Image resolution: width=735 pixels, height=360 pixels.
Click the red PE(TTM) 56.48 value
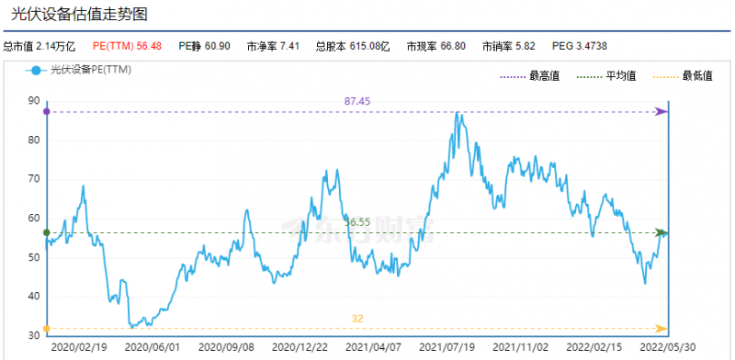click(127, 45)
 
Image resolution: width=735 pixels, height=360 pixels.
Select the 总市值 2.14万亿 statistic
click(39, 45)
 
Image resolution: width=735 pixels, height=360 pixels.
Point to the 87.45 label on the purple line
click(357, 100)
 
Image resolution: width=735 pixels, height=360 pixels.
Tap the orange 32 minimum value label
click(357, 318)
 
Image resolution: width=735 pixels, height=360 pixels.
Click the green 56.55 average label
click(357, 221)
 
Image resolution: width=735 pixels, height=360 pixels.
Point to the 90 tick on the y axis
click(34, 101)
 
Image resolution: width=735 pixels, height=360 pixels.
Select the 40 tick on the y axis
click(34, 296)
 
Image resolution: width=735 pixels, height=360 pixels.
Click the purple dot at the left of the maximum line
click(47, 111)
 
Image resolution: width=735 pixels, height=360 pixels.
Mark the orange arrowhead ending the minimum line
click(661, 328)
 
